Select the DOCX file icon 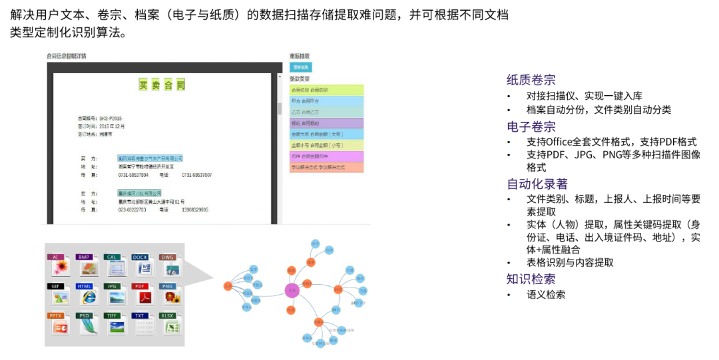[141, 265]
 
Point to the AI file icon [57, 265]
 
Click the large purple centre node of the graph [292, 290]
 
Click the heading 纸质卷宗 [531, 80]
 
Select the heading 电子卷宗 [531, 126]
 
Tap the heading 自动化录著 [537, 184]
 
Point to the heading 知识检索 [531, 279]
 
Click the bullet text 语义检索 [546, 294]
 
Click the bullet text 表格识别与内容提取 [570, 263]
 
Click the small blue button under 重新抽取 [301, 67]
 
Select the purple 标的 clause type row [327, 123]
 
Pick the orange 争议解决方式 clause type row [327, 167]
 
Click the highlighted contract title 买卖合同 [162, 85]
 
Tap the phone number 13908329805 [194, 210]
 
